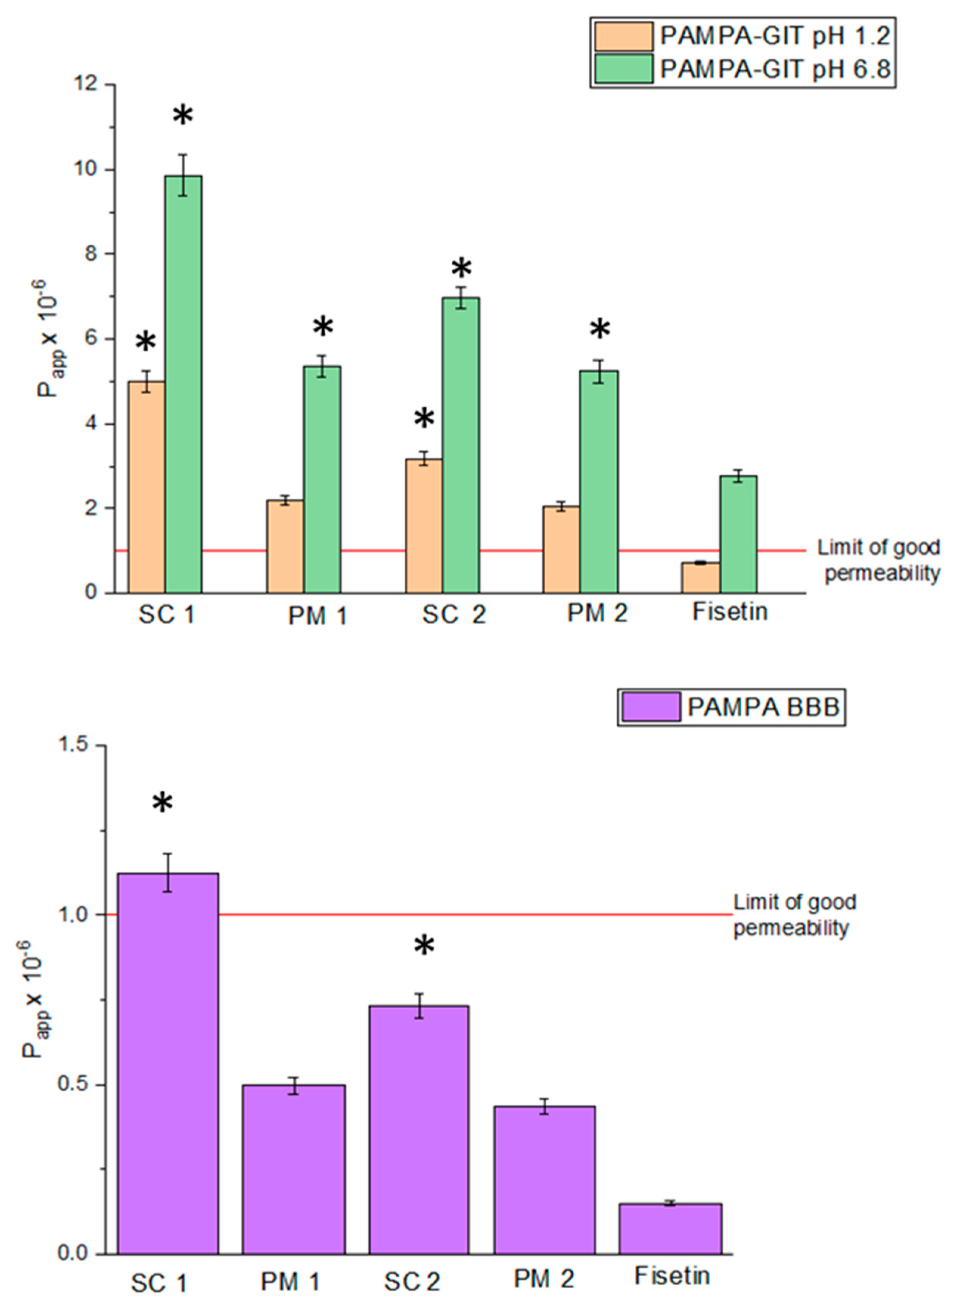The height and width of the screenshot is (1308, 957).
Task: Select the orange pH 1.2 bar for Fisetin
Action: coord(701,578)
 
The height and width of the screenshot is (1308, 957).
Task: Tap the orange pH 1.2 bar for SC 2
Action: coord(424,526)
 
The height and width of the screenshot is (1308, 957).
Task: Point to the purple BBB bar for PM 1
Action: coord(294,1170)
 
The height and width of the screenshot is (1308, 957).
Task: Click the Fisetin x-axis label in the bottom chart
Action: coord(672,1275)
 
